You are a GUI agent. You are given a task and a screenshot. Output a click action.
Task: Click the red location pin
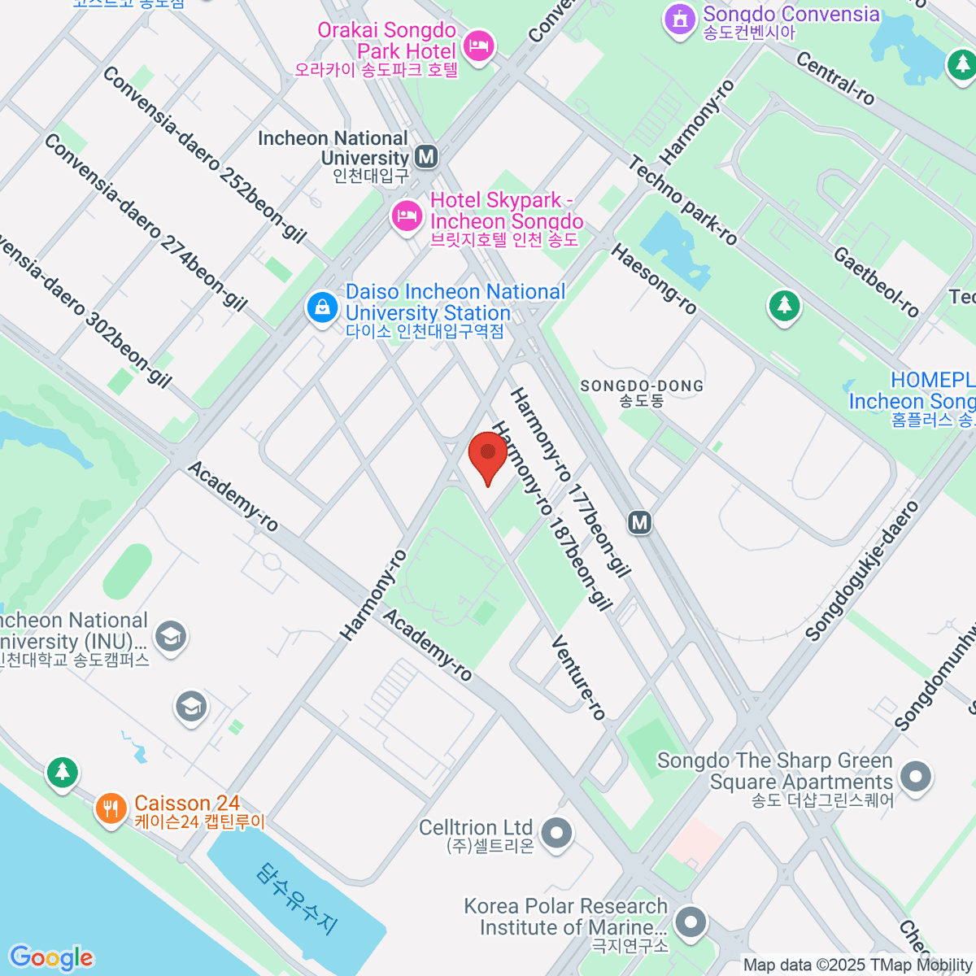click(488, 452)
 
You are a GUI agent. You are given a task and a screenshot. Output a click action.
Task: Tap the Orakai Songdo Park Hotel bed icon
click(479, 46)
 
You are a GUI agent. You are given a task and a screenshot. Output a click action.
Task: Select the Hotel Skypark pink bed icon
click(406, 216)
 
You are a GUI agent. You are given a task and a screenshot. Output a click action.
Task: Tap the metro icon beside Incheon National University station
click(425, 155)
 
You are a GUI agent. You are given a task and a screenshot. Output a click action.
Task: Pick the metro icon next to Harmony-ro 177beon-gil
click(640, 522)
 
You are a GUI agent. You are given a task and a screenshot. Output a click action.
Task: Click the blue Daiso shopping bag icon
click(322, 308)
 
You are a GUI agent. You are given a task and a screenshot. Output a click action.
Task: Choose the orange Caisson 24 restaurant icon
click(111, 808)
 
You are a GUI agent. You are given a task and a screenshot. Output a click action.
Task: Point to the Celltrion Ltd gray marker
click(557, 833)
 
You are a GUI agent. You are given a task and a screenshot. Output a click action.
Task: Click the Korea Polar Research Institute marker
click(691, 922)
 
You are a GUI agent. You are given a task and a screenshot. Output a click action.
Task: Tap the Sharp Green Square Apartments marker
click(916, 776)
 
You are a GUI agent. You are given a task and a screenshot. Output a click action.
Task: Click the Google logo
click(51, 957)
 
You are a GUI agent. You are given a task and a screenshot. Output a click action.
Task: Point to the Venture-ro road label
click(578, 678)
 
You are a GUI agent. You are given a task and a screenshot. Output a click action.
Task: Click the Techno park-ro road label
click(683, 201)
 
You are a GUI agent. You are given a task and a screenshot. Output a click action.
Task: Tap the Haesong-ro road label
click(654, 279)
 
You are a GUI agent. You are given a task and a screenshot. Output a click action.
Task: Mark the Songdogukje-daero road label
click(861, 570)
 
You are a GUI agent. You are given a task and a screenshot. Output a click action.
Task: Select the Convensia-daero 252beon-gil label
click(204, 155)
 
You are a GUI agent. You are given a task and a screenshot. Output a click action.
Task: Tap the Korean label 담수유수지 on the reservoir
click(297, 898)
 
